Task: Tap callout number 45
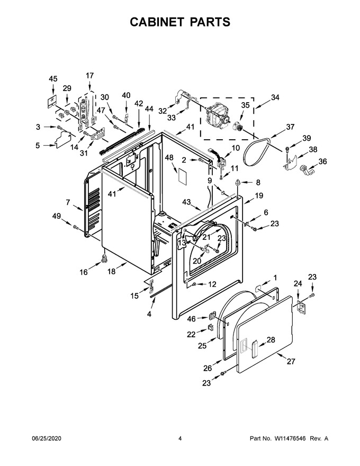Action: pyautogui.click(x=53, y=79)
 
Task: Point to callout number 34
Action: pyautogui.click(x=275, y=97)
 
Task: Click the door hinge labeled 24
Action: pyautogui.click(x=301, y=307)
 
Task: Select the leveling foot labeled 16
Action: pyautogui.click(x=104, y=258)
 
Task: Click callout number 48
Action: pyautogui.click(x=169, y=158)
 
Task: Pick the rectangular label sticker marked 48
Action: pyautogui.click(x=182, y=177)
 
